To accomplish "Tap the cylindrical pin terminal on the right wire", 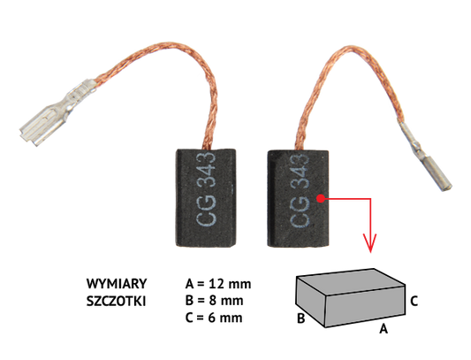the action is coord(425,155).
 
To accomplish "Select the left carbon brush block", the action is coord(206,198).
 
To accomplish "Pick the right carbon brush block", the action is coord(298,199).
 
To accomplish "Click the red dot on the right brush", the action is coord(321,198).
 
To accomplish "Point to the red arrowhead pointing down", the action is coord(370,242).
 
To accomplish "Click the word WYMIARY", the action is coord(117,284).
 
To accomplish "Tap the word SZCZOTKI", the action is coord(116,301).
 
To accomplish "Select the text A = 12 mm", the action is coord(218,284).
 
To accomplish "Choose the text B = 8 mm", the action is coord(214,301).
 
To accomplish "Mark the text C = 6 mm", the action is coord(214,318).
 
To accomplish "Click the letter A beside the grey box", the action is coord(384,328).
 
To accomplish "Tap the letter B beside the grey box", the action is coord(301,318).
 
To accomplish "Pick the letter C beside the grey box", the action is coord(414,301).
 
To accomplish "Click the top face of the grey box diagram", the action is coord(351,281).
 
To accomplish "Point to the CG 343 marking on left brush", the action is coord(206,188).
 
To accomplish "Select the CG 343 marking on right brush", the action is coord(300,190).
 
